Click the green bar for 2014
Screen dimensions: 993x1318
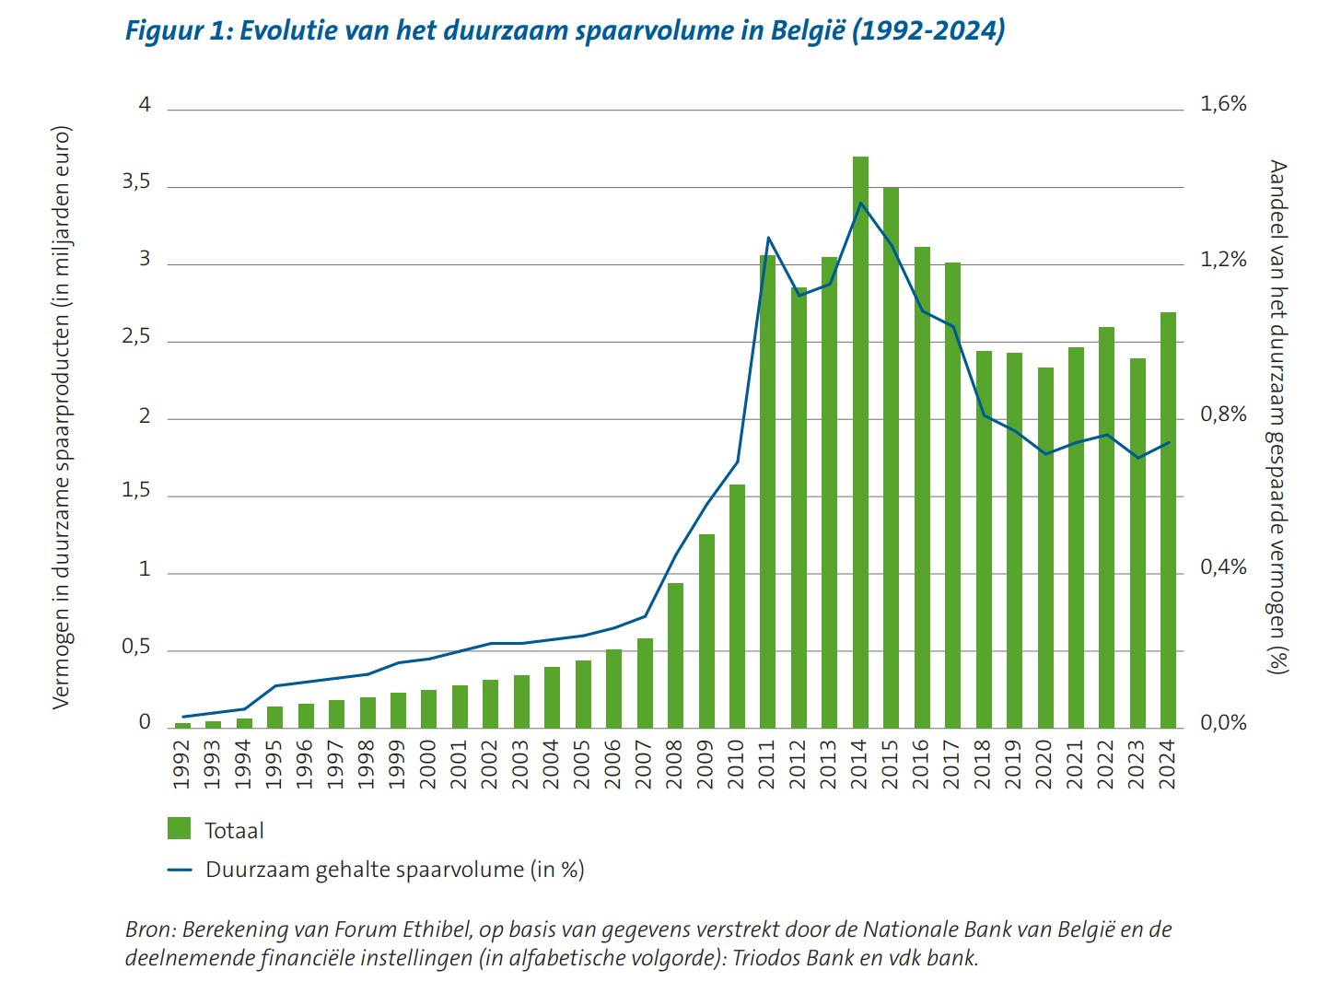coord(860,442)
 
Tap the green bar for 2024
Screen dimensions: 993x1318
coord(1168,520)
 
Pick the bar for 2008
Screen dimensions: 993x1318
coord(675,655)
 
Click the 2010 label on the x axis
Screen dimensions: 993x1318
coord(736,764)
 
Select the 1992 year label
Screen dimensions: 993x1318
coord(181,764)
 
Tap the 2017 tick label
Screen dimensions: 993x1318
coord(951,764)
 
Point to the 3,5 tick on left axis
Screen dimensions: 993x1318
coord(136,182)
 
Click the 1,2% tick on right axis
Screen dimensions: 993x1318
coord(1222,260)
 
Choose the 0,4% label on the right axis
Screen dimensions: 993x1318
coord(1222,567)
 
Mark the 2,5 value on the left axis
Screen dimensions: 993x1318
coord(136,337)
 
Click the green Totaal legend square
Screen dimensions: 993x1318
coord(180,828)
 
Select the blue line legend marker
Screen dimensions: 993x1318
coord(180,869)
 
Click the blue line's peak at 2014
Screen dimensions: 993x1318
coord(860,203)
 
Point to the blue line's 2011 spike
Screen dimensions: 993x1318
coord(768,238)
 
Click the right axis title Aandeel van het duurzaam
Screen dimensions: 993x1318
coord(1277,416)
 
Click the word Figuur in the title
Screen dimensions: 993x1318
coord(167,30)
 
